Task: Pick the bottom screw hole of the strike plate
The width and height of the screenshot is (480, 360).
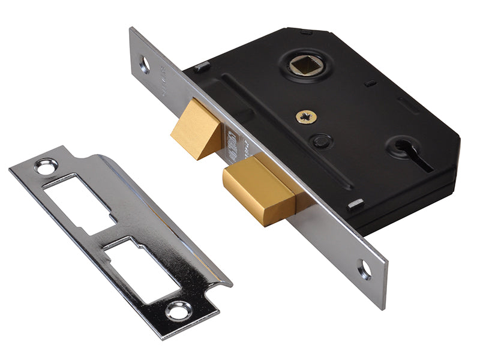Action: point(178,311)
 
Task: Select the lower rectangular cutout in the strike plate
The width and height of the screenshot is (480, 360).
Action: point(144,267)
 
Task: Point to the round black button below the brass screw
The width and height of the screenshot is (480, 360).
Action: point(323,141)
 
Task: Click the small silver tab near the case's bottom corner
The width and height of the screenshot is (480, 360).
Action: point(356,203)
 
